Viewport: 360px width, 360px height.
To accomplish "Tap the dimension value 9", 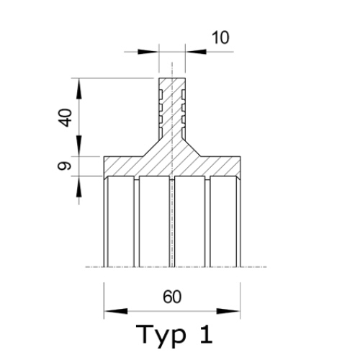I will tap(66, 166).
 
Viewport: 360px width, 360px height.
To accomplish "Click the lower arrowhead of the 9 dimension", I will tap(81, 184).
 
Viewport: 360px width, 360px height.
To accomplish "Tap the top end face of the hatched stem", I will tap(172, 78).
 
